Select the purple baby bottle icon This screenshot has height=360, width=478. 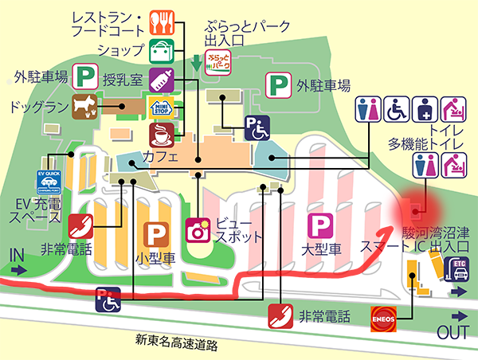click(163, 78)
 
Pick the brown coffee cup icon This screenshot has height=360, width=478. click(163, 132)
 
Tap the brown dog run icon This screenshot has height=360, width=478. click(83, 105)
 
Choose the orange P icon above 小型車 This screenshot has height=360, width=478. click(156, 234)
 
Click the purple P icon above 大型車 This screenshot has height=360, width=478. click(321, 225)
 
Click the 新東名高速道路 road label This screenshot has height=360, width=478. click(176, 343)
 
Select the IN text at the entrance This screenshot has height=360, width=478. click(17, 253)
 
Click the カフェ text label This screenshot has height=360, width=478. click(160, 158)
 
